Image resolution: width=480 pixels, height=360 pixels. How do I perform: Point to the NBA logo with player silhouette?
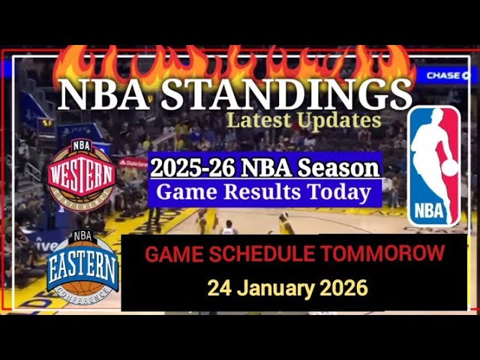(x=434, y=166)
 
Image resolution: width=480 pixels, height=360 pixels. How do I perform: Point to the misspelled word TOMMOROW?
(x=382, y=254)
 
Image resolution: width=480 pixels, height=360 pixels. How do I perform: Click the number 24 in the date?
(x=218, y=288)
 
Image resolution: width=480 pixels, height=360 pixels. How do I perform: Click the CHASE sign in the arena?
(x=445, y=75)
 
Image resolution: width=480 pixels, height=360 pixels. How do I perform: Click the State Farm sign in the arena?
(x=133, y=162)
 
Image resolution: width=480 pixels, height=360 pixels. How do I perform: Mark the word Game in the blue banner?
(x=184, y=193)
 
